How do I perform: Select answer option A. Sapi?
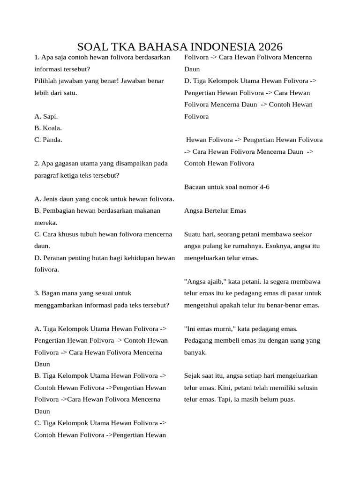tap(46, 116)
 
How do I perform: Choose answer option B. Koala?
tap(48, 128)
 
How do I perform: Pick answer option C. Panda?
tap(48, 140)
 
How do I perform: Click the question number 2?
tap(37, 164)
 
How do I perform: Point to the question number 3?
tap(37, 293)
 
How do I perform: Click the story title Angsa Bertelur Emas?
tap(215, 211)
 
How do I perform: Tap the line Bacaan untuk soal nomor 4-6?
tap(227, 187)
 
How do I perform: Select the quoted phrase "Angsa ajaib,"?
tap(205, 282)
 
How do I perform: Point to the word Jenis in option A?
tap(50, 199)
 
